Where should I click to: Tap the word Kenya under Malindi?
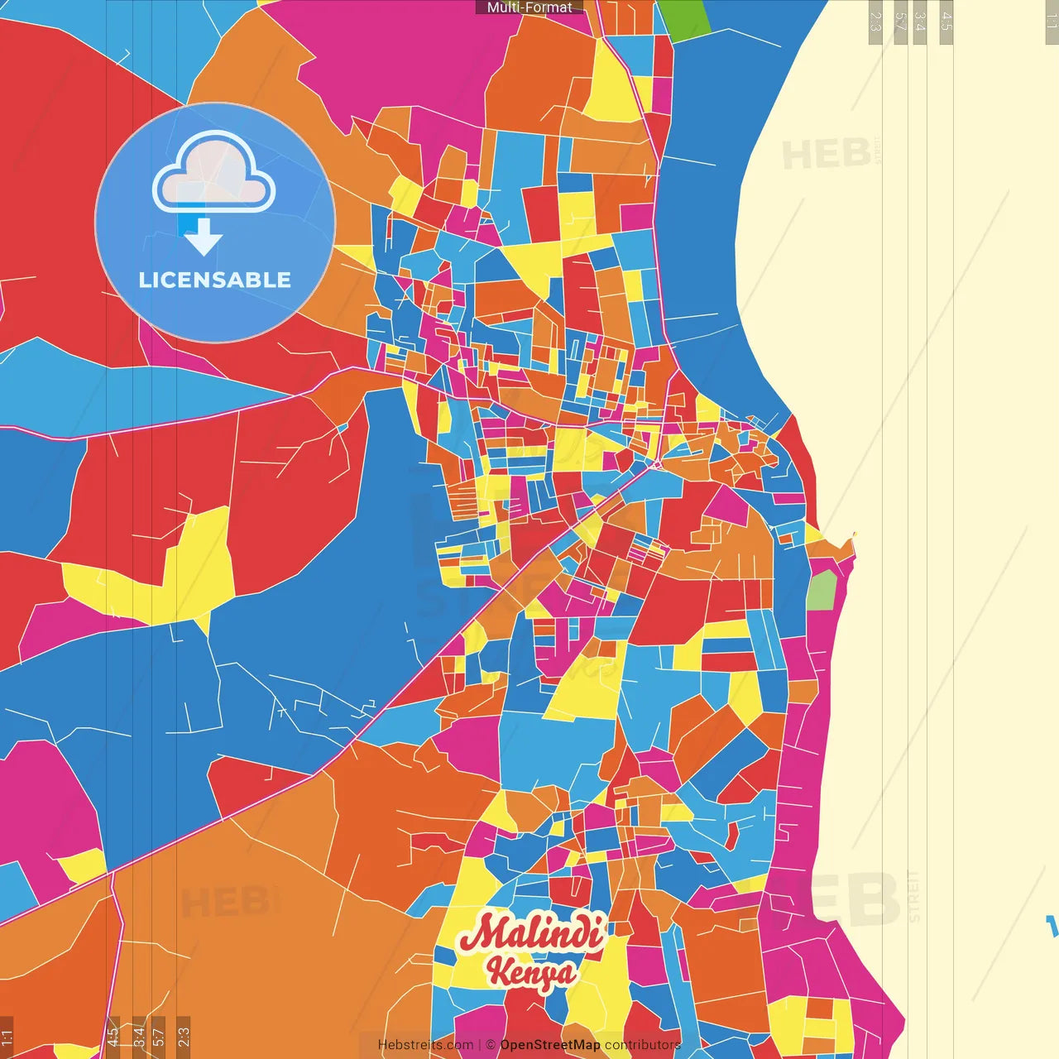click(531, 972)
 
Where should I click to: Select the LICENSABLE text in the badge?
click(215, 280)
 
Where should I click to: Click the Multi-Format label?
click(529, 7)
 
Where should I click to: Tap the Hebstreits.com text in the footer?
click(425, 1045)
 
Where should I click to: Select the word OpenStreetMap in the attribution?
click(550, 1045)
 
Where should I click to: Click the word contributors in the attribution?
click(643, 1045)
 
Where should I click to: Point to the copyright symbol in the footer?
click(491, 1045)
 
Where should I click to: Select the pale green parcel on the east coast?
click(822, 590)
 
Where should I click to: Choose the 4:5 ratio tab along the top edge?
click(946, 22)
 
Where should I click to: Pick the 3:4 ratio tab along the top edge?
click(920, 22)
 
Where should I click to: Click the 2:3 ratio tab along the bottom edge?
click(184, 1036)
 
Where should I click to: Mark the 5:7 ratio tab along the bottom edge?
click(158, 1036)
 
